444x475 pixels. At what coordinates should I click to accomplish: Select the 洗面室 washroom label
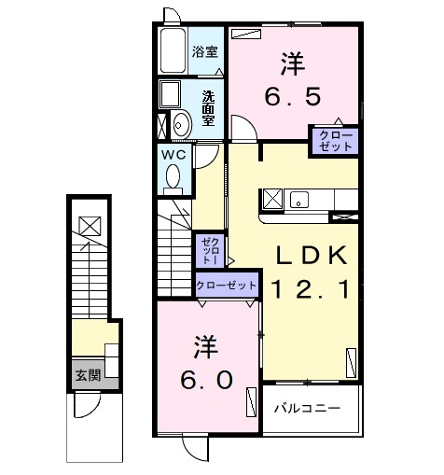209,106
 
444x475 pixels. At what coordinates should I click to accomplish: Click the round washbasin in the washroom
181,122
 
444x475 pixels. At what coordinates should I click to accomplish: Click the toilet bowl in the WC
173,175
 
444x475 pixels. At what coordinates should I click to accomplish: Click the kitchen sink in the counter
299,199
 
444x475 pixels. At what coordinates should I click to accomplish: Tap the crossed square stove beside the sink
272,199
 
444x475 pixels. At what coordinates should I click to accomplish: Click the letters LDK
311,255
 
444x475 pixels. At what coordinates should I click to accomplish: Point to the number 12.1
311,290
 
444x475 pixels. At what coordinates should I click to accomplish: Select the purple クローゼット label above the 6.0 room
226,286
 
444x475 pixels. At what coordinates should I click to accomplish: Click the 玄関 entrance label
88,376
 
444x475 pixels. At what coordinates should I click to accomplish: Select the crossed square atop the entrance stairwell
89,226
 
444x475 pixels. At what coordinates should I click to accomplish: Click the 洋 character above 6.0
206,346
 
